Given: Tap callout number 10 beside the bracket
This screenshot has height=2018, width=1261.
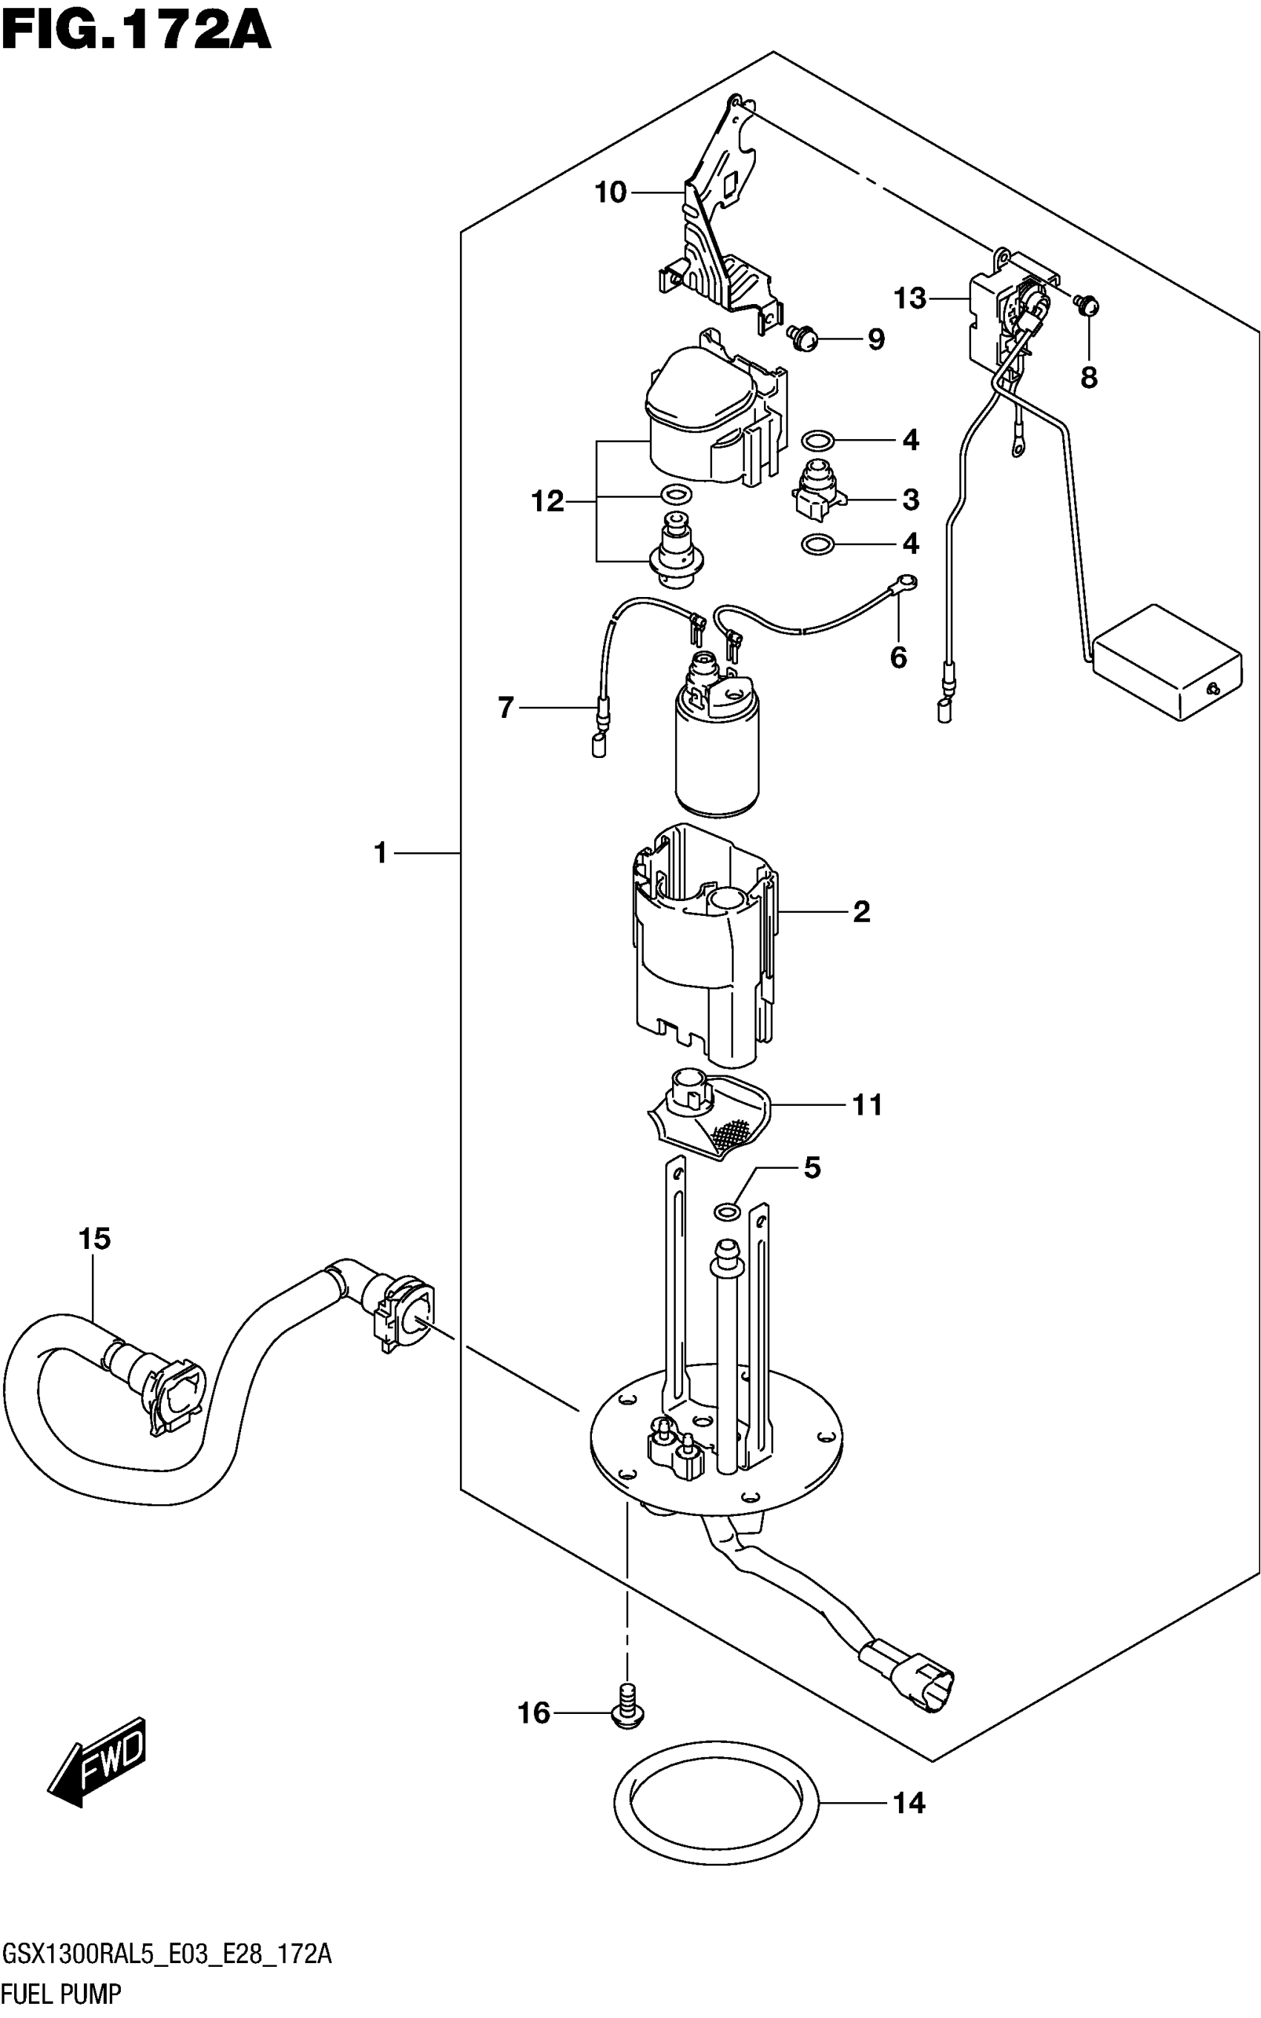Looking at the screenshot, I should point(610,193).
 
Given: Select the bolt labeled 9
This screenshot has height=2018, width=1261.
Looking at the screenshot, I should point(803,337).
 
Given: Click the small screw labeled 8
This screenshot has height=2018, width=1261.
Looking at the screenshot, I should point(1087,306).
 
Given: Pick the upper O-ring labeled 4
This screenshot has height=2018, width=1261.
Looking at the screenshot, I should point(817,440).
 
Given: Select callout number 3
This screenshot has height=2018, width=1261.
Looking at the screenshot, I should point(911,500).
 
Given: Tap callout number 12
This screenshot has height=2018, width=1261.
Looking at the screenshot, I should point(547,501).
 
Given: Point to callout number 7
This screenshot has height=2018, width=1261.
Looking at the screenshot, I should point(505,708).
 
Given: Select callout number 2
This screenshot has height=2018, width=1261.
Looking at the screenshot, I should point(861,911).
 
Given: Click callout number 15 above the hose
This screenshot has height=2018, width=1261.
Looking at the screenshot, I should point(94,1239).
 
